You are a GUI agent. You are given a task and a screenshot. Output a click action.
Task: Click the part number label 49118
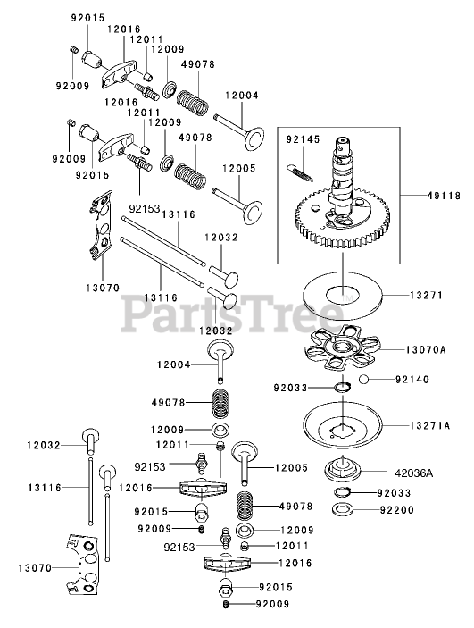[444, 196]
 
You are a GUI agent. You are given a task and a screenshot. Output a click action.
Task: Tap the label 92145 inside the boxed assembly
[303, 139]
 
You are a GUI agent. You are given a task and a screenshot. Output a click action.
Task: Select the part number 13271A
[430, 425]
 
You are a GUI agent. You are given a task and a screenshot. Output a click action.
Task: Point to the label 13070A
[426, 349]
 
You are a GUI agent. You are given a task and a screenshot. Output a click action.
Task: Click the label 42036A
[414, 473]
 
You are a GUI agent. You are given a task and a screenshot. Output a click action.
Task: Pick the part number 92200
[396, 510]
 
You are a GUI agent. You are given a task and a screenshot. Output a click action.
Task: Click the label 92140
[412, 379]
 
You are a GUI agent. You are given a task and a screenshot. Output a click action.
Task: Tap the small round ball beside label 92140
[363, 379]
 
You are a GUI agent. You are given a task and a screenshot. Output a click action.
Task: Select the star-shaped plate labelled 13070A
[342, 348]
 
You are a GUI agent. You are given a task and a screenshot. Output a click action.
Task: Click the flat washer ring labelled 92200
[343, 510]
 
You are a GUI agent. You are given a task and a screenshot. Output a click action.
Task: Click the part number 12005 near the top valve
[239, 168]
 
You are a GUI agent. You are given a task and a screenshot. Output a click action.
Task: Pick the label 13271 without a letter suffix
[427, 295]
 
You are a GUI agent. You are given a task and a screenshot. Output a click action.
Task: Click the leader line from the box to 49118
[412, 196]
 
